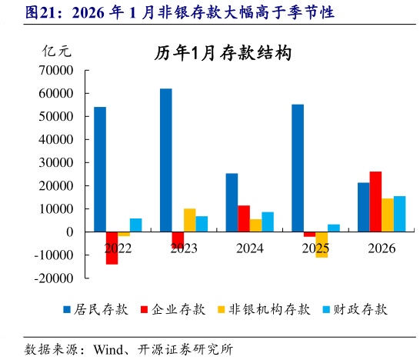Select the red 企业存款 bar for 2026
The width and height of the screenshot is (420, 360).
click(x=375, y=202)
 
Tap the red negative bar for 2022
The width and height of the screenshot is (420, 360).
click(x=112, y=248)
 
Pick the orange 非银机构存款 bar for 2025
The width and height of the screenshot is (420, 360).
click(x=322, y=245)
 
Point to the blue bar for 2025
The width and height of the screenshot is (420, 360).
click(x=298, y=168)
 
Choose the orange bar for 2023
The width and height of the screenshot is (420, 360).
click(x=189, y=220)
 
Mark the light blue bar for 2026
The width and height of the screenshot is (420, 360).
click(x=399, y=214)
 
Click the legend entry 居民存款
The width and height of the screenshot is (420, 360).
click(x=96, y=309)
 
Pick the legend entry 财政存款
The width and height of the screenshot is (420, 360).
click(x=358, y=309)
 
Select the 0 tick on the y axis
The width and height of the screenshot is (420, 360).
click(x=69, y=232)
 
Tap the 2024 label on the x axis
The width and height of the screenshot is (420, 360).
click(x=250, y=248)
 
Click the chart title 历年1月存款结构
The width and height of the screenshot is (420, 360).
click(x=222, y=53)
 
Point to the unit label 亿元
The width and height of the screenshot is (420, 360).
click(x=56, y=52)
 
